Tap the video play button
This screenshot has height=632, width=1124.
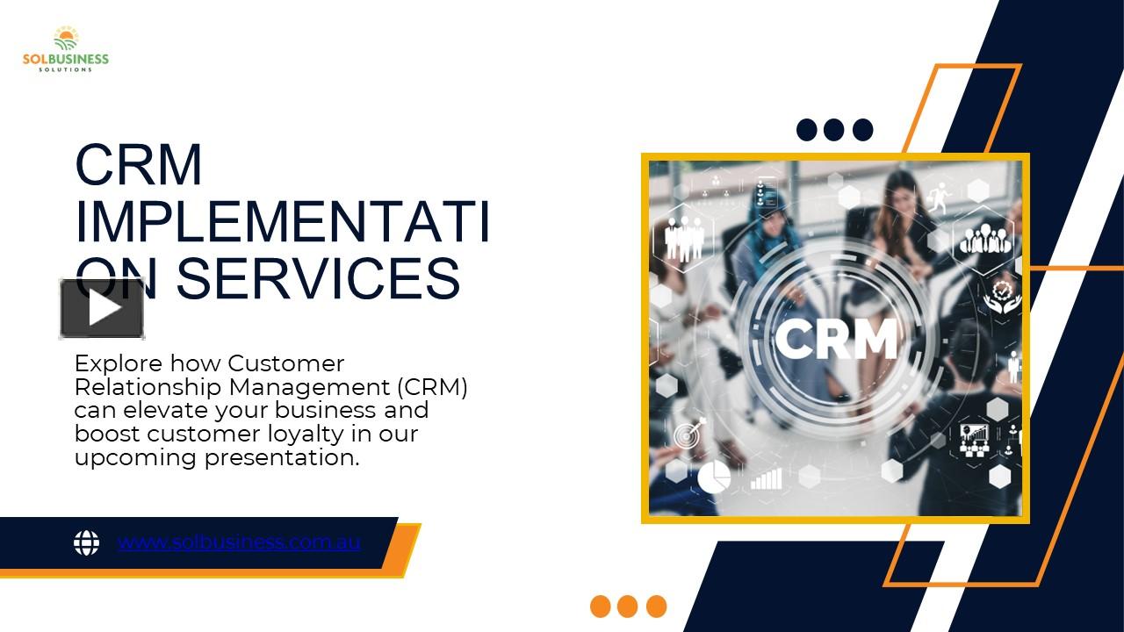pos(103,308)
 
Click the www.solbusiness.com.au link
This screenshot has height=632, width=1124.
pos(239,542)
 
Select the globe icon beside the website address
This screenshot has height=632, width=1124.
pos(86,542)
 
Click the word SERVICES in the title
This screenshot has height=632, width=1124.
pos(318,279)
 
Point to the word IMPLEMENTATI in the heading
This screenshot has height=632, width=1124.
pos(282,222)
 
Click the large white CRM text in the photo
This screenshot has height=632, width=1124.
pos(835,339)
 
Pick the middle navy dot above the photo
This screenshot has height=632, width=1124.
pos(833,130)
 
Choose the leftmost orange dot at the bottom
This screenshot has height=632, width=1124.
pos(601,607)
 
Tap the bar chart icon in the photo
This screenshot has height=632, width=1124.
pos(766,478)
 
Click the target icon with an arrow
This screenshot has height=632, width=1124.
pos(690,433)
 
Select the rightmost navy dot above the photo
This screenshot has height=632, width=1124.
pos(862,130)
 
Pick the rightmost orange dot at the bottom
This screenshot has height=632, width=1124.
pos(656,607)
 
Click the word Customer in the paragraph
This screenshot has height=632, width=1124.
pos(285,363)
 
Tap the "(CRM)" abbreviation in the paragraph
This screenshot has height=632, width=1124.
pos(432,387)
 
